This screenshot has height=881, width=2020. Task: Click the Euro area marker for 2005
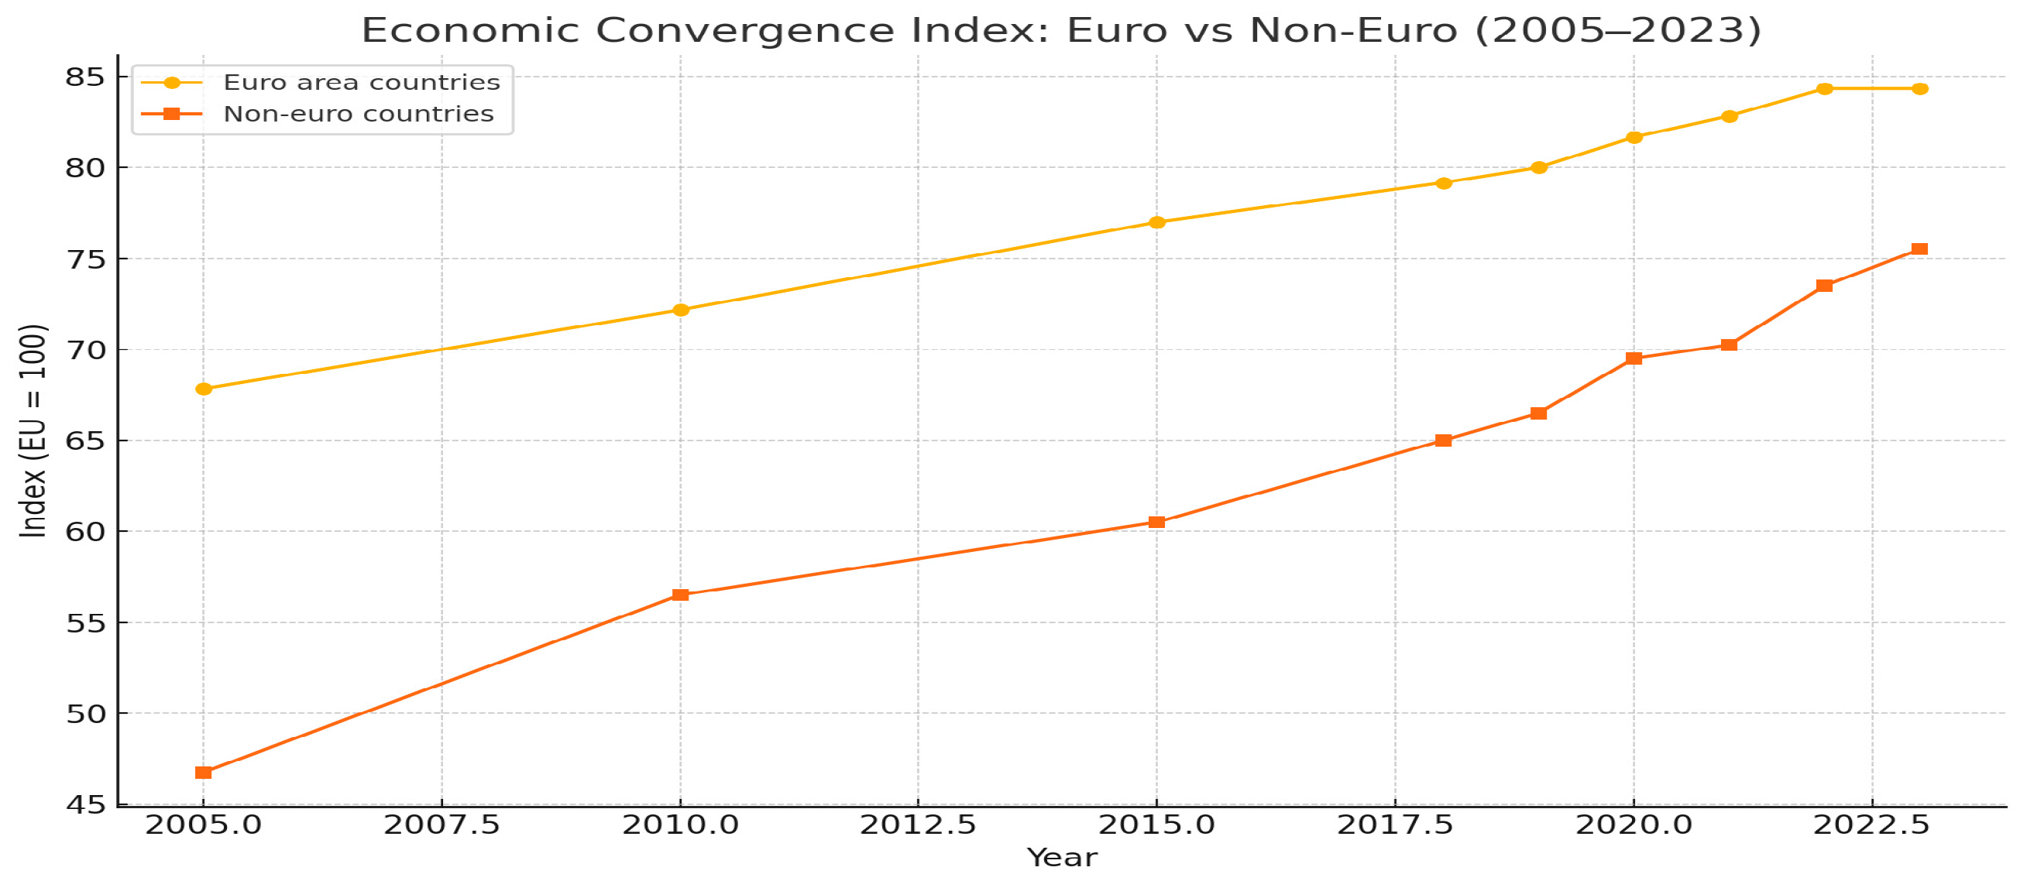pyautogui.click(x=204, y=389)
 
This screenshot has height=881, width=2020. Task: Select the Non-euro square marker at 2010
pyautogui.click(x=681, y=595)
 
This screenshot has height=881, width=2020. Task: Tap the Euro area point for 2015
pyautogui.click(x=1156, y=223)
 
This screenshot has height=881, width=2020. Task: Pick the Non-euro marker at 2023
pyautogui.click(x=1919, y=249)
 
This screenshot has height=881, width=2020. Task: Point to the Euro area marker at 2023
pyautogui.click(x=1919, y=88)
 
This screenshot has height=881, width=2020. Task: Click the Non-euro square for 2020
pyautogui.click(x=1634, y=358)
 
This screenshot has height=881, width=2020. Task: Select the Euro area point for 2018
pyautogui.click(x=1444, y=183)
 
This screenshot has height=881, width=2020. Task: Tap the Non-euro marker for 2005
pyautogui.click(x=204, y=773)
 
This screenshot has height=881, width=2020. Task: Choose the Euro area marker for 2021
pyautogui.click(x=1729, y=116)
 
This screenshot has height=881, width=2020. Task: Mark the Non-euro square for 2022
pyautogui.click(x=1825, y=286)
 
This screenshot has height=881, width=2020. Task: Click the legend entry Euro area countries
pyautogui.click(x=362, y=82)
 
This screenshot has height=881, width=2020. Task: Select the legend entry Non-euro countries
pyautogui.click(x=359, y=115)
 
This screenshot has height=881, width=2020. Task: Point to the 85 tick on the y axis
pyautogui.click(x=84, y=77)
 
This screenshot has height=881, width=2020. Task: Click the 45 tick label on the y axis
pyautogui.click(x=84, y=805)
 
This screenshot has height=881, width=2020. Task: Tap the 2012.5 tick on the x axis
pyautogui.click(x=919, y=825)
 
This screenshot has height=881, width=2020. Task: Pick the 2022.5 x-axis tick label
pyautogui.click(x=1872, y=825)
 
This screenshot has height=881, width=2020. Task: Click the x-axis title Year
pyautogui.click(x=1063, y=859)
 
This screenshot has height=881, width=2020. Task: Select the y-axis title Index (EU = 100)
pyautogui.click(x=33, y=430)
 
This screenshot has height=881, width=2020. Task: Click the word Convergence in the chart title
pyautogui.click(x=744, y=30)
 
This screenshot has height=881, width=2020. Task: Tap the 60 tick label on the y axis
pyautogui.click(x=84, y=532)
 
